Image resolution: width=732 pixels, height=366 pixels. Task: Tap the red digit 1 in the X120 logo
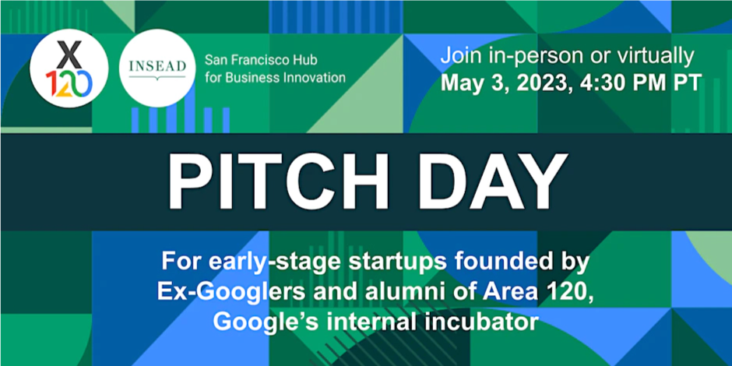tap(50, 84)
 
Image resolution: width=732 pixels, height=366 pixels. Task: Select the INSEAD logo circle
tap(157, 69)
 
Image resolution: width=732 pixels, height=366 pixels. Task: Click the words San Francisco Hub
tap(262, 60)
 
